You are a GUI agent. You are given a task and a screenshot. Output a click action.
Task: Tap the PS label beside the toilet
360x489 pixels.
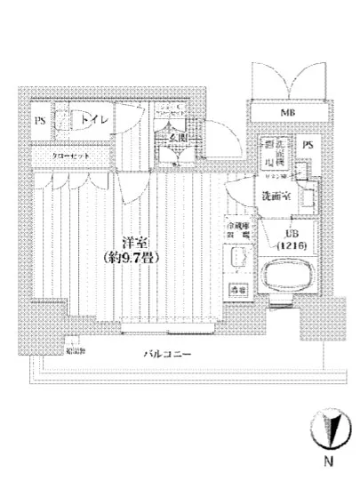click(40, 121)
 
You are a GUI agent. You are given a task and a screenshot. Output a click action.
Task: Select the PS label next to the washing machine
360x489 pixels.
click(307, 145)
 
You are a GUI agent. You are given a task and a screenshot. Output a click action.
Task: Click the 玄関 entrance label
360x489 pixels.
click(176, 138)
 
